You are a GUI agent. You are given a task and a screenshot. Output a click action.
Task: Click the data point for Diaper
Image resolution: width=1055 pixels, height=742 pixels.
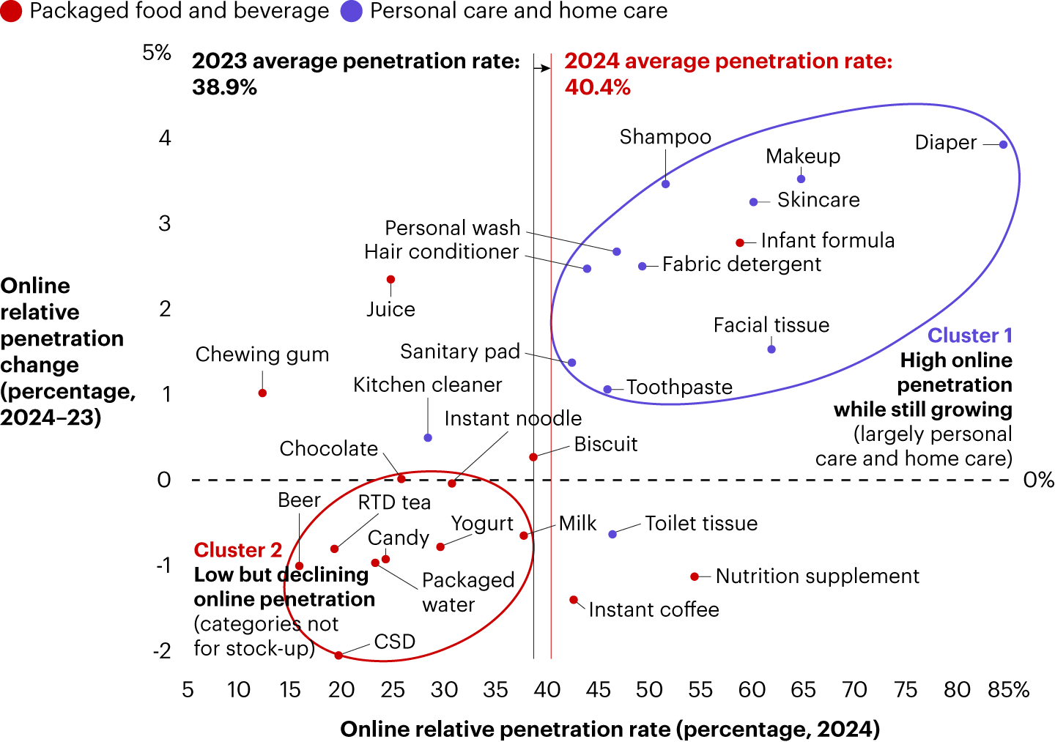click(1003, 144)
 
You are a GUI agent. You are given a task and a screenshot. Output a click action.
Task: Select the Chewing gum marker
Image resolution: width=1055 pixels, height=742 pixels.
click(262, 393)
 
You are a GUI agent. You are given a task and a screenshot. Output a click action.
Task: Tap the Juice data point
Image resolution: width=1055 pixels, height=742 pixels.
click(390, 280)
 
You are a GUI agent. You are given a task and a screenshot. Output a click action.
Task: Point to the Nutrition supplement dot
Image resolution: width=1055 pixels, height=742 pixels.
click(695, 577)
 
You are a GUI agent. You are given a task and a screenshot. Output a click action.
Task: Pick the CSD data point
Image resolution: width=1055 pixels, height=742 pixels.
click(338, 655)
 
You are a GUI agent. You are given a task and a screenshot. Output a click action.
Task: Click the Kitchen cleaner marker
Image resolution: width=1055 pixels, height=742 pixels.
click(428, 438)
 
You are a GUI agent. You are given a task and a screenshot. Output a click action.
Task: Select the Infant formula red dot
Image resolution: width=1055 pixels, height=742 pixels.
click(740, 242)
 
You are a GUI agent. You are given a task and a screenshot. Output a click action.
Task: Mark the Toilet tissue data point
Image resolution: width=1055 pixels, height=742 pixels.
click(612, 535)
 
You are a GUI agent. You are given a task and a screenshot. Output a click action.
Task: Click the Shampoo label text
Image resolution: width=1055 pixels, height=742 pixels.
click(665, 137)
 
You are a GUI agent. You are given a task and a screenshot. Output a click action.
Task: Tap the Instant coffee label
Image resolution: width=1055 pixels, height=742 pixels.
click(654, 609)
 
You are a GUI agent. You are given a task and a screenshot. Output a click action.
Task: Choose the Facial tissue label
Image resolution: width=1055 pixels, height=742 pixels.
click(771, 325)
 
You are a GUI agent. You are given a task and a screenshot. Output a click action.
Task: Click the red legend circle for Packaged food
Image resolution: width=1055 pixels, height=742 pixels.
click(11, 11)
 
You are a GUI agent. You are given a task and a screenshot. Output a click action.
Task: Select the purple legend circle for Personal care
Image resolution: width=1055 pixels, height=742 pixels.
click(352, 11)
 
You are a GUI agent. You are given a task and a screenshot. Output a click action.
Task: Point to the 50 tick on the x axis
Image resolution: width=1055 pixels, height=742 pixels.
click(649, 690)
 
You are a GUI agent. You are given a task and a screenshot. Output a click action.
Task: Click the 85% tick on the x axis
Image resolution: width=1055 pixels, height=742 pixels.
click(1009, 690)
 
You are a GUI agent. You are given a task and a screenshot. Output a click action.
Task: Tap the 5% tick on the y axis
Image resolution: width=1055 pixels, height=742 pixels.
click(157, 53)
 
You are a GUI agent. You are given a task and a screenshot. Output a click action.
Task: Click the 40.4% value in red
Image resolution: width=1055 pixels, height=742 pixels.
click(598, 88)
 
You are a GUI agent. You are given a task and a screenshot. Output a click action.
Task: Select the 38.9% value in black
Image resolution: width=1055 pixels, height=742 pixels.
click(225, 88)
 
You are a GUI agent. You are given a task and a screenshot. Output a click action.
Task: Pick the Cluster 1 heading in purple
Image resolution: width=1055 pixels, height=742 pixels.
click(970, 335)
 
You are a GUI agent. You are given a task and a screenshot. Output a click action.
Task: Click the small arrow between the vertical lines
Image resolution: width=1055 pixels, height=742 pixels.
click(542, 68)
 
